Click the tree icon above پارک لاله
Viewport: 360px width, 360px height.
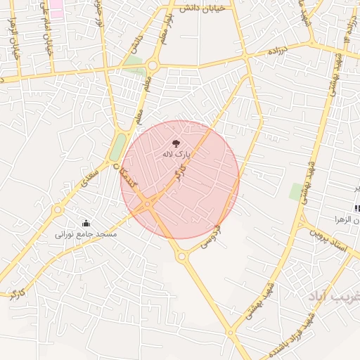point(176,142)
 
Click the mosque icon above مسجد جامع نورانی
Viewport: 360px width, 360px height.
point(86,223)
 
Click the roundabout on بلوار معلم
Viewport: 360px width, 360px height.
point(153,66)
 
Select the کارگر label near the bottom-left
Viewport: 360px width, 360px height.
point(15,293)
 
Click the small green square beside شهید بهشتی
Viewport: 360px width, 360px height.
point(297,191)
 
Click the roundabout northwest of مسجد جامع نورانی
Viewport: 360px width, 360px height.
point(58,208)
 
